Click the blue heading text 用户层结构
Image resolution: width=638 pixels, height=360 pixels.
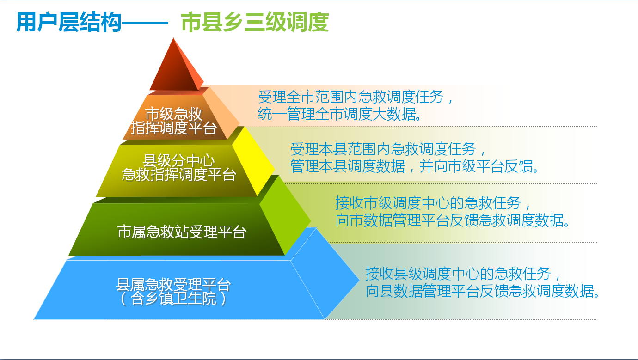[x=69, y=22]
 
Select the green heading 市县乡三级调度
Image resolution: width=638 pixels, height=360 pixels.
[x=255, y=22]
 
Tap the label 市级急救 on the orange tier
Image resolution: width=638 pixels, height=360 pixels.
[x=173, y=114]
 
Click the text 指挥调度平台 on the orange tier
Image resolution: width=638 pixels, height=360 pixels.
[x=174, y=128]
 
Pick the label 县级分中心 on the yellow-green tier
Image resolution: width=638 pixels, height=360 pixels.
[x=178, y=161]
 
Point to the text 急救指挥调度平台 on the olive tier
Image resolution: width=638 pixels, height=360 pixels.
[x=179, y=175]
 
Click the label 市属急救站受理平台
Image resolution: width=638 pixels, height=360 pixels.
[x=182, y=232]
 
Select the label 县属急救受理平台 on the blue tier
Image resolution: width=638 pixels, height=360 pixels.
[x=173, y=284]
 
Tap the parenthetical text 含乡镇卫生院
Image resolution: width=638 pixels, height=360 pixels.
[x=173, y=299]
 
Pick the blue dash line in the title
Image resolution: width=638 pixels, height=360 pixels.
[x=145, y=23]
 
